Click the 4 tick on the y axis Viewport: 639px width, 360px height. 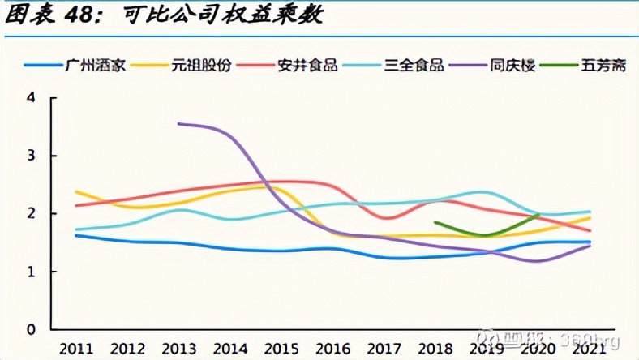[31, 98]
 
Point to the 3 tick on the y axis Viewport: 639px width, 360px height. [31, 156]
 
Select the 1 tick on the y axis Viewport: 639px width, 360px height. [31, 272]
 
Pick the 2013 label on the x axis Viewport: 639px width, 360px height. [179, 348]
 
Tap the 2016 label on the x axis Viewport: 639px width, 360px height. [333, 348]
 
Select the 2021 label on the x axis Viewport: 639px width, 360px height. [590, 348]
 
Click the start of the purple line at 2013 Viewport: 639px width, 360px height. [178, 123]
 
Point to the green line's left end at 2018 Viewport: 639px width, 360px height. [435, 221]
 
